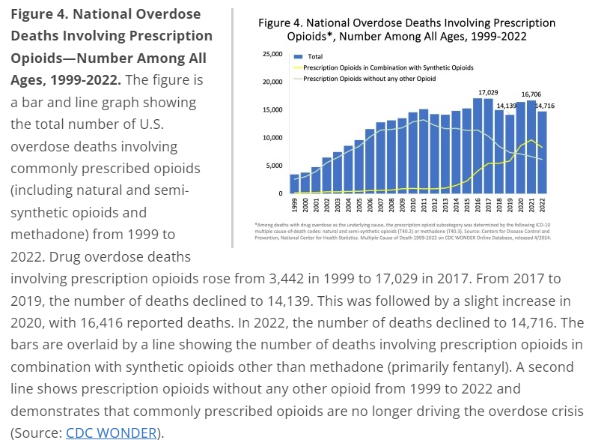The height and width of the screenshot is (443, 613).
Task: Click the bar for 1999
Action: (294, 184)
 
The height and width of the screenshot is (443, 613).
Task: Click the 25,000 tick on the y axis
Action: (272, 55)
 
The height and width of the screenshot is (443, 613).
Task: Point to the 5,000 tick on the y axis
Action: (273, 166)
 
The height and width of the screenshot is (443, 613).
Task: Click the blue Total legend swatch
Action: (297, 57)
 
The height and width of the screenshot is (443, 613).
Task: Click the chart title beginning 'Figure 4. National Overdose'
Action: (407, 29)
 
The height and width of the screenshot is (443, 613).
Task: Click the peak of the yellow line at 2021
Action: (531, 140)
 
